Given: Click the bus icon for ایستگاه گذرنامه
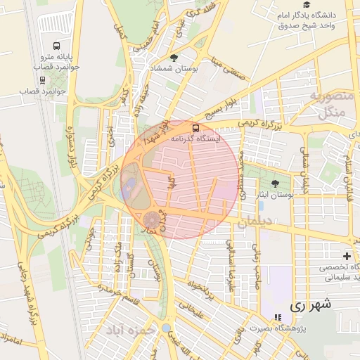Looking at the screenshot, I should (x=195, y=128).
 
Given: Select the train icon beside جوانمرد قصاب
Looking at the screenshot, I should (x=43, y=79).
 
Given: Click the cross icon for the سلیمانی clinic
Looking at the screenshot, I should (x=346, y=256).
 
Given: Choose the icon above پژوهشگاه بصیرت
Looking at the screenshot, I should (x=278, y=317).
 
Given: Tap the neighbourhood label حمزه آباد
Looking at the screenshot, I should (x=131, y=329).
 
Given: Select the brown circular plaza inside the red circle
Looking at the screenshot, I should (x=151, y=219).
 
